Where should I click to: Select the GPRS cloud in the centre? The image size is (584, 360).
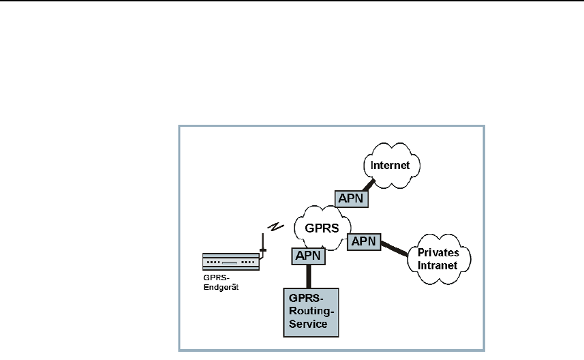click(322, 227)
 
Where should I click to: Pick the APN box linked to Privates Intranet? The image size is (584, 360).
click(363, 241)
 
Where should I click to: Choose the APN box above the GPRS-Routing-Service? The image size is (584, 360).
click(309, 256)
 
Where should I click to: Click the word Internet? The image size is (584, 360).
click(391, 165)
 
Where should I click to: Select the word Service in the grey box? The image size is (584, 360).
click(309, 324)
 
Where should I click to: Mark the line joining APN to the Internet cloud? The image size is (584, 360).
click(370, 183)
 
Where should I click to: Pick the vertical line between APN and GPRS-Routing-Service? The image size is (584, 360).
click(309, 275)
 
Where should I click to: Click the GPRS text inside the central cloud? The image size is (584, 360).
click(322, 228)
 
